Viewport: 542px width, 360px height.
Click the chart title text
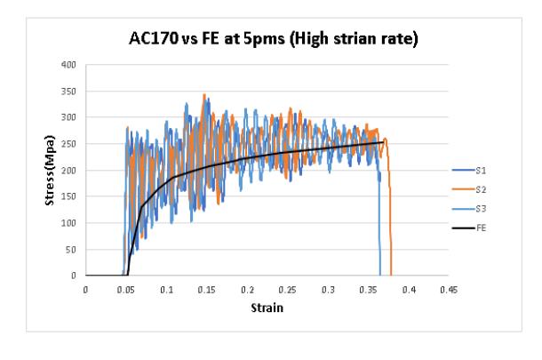point(274,38)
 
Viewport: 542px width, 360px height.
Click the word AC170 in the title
point(154,37)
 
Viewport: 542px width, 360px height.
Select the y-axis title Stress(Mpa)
point(50,170)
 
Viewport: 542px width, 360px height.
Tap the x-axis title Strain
point(267,308)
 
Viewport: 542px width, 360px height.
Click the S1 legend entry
point(469,170)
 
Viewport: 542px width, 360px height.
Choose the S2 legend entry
point(469,189)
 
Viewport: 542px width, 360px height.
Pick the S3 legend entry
point(469,209)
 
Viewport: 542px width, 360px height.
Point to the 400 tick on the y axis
point(68,65)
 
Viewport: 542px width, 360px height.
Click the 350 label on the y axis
point(68,92)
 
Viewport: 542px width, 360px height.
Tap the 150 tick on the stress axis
point(68,196)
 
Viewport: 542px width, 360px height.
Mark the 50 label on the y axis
point(71,250)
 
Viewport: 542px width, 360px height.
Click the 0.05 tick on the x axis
point(125,290)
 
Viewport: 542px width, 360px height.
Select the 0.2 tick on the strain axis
point(247,290)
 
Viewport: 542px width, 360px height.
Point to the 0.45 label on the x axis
point(449,290)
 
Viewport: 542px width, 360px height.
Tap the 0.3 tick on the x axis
point(328,290)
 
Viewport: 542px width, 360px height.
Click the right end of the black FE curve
point(383,142)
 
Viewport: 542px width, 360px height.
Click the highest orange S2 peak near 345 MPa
point(204,94)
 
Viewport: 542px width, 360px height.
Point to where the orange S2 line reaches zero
point(391,276)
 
